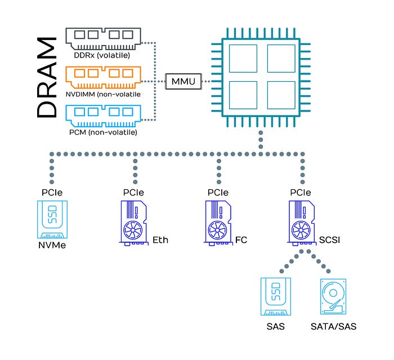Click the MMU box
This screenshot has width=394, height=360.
click(183, 81)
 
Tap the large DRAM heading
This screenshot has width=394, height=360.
click(47, 78)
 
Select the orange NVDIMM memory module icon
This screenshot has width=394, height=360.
click(103, 78)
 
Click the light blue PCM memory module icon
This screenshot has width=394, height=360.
click(103, 116)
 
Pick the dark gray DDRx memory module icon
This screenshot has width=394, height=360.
click(103, 39)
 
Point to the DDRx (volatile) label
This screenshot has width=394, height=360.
click(102, 55)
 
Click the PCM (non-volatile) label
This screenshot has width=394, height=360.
click(103, 132)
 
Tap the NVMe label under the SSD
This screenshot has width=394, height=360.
click(52, 245)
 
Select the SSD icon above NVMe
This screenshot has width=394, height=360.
click(52, 219)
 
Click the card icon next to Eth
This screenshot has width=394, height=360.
click(134, 223)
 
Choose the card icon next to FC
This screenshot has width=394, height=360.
click(218, 223)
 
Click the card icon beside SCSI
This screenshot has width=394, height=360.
click(301, 223)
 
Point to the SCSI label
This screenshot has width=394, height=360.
click(329, 240)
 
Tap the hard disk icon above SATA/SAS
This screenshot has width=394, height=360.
click(333, 296)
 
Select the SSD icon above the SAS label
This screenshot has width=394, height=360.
click(276, 296)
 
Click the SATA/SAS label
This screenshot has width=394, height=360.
click(333, 327)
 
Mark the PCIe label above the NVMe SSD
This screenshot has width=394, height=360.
click(52, 193)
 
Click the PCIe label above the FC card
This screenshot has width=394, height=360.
click(218, 193)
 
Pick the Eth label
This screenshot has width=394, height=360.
click(160, 240)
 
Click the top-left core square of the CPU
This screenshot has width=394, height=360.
click(243, 59)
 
